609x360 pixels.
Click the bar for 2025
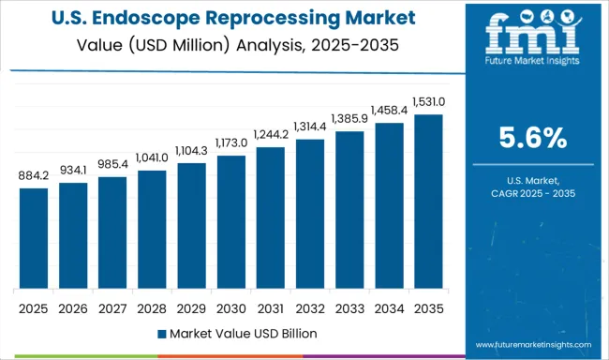tap(33, 238)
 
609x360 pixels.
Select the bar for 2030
tap(230, 222)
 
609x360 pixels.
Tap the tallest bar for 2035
tap(427, 202)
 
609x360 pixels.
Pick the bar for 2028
tap(151, 230)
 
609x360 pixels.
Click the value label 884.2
tap(33, 174)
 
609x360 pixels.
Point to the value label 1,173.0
tap(230, 142)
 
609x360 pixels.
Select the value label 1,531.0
tap(427, 101)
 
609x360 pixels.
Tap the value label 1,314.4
tap(309, 127)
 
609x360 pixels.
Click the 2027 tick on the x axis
tap(111, 308)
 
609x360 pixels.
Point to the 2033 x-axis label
tap(349, 308)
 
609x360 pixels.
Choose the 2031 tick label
tap(270, 308)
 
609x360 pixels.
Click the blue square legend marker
tap(163, 334)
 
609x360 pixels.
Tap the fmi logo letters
tap(528, 35)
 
